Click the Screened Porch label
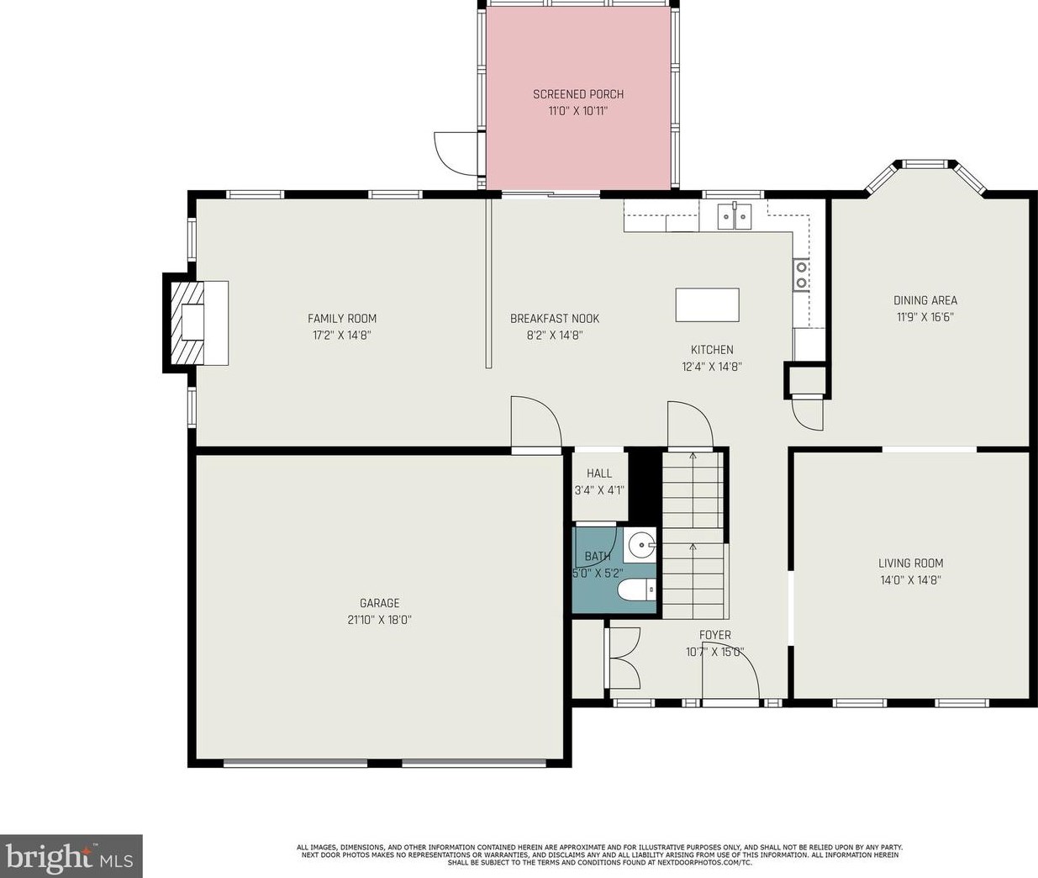[578, 94]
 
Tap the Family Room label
[342, 318]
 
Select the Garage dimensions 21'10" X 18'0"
[379, 620]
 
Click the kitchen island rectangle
[707, 304]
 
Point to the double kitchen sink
[735, 216]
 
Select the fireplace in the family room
[195, 323]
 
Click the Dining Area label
[925, 300]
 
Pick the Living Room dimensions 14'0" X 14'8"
[910, 580]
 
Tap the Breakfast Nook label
[555, 318]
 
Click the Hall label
[599, 473]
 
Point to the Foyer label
[715, 635]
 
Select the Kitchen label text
[712, 349]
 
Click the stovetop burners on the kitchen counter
[801, 275]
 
